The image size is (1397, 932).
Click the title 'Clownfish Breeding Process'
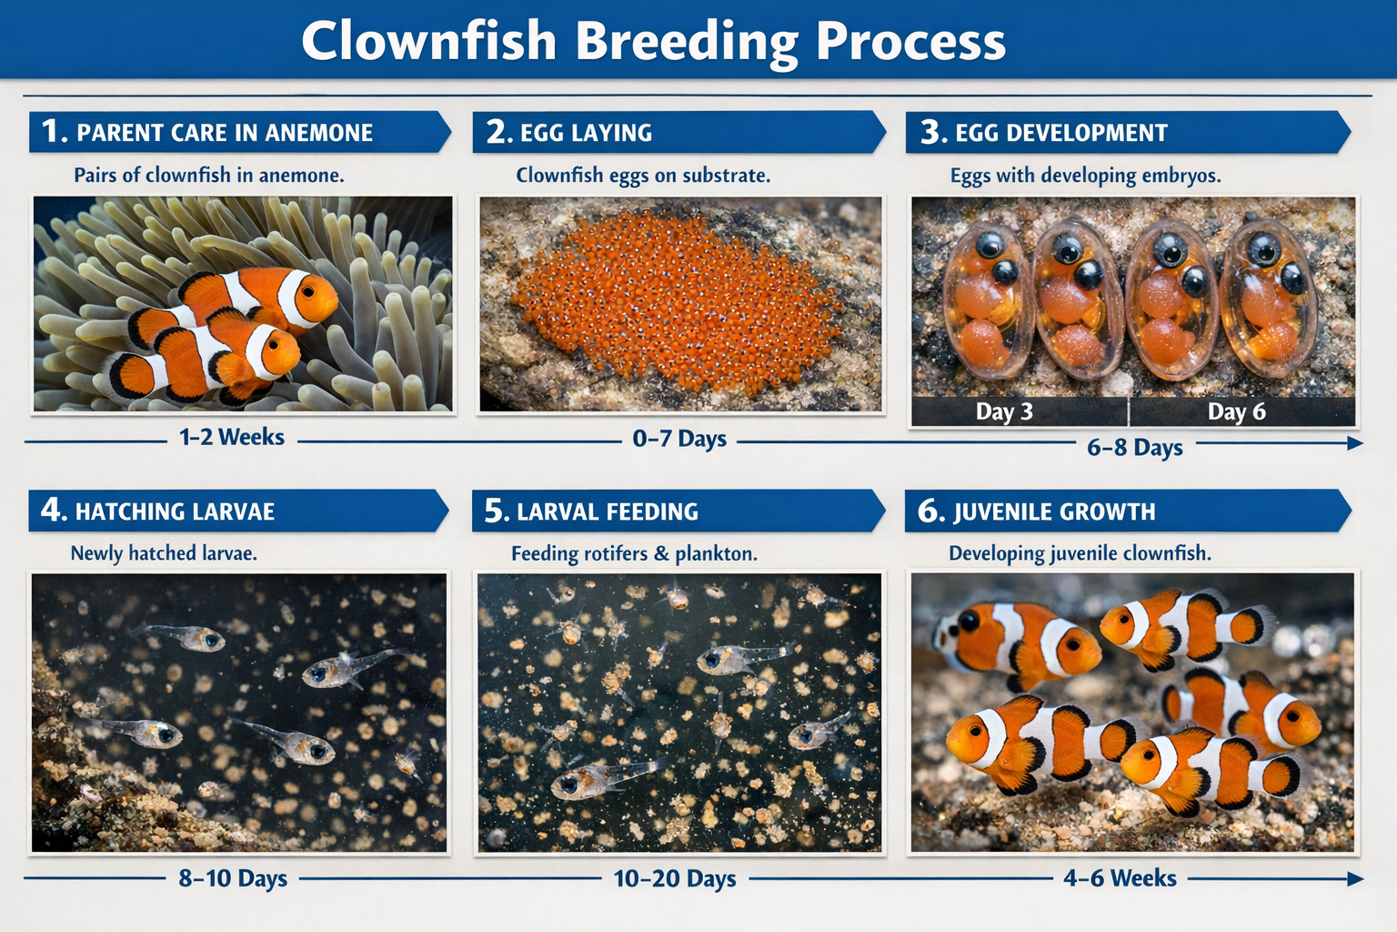point(653,41)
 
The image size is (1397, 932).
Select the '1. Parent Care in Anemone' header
point(225,133)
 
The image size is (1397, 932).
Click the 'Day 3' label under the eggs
point(1004,412)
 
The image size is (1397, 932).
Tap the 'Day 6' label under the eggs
point(1236,412)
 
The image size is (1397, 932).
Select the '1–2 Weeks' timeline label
point(232,438)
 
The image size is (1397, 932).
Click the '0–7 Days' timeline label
point(679,439)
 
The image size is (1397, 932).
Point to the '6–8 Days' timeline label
point(1134,448)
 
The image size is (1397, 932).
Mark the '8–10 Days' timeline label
point(233,878)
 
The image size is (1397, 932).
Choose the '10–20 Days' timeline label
point(675,879)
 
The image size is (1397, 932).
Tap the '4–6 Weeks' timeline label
point(1120,878)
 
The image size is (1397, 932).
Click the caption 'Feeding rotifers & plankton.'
point(634,553)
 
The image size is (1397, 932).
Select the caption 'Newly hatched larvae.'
point(164,553)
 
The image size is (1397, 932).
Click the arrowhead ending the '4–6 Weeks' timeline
point(1355,879)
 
